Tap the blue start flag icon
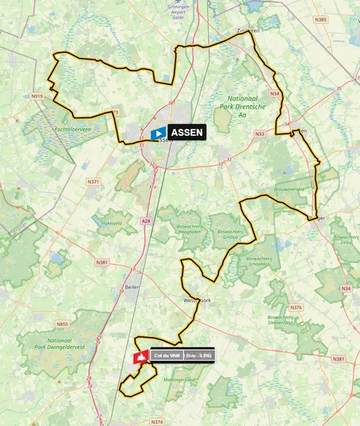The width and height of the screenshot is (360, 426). tap(158, 132)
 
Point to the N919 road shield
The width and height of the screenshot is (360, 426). tap(37, 96)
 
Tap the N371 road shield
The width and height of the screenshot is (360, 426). tap(94, 182)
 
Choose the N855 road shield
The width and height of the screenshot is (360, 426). tap(63, 304)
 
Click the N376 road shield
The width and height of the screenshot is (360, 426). tap(297, 307)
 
